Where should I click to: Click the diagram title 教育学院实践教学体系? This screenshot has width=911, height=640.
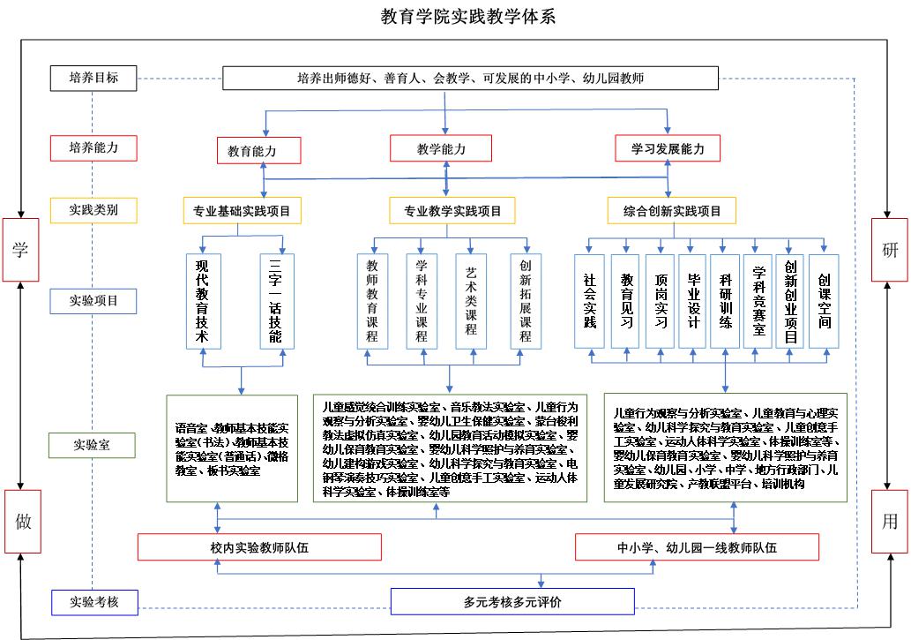tap(455, 16)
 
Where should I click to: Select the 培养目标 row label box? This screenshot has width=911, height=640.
tap(94, 79)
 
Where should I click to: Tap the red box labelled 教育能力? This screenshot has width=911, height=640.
tap(258, 150)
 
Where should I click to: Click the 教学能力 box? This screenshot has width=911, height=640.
tap(441, 148)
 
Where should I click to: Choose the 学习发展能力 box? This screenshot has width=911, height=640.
tap(668, 148)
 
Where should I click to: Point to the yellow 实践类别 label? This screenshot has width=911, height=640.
tap(94, 210)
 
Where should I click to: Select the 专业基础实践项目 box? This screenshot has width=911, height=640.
tap(242, 211)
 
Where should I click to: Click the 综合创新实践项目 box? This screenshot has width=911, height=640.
tap(672, 211)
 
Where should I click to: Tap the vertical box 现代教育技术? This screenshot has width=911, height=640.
tap(203, 301)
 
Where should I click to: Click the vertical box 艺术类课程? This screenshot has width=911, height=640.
tap(471, 300)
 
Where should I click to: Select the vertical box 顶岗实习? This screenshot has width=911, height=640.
tap(661, 301)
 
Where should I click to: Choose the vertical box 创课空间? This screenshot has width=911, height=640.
tap(824, 301)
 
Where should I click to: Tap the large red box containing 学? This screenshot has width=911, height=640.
tap(19, 250)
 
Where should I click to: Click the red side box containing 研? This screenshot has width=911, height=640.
tap(890, 250)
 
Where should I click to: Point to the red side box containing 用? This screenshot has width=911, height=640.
tap(890, 522)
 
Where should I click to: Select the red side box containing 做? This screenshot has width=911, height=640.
tap(23, 522)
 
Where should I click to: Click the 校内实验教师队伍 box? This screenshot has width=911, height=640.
tap(259, 547)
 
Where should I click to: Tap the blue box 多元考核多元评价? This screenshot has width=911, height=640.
tap(512, 603)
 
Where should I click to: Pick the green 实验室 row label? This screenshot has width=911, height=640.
tap(94, 444)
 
